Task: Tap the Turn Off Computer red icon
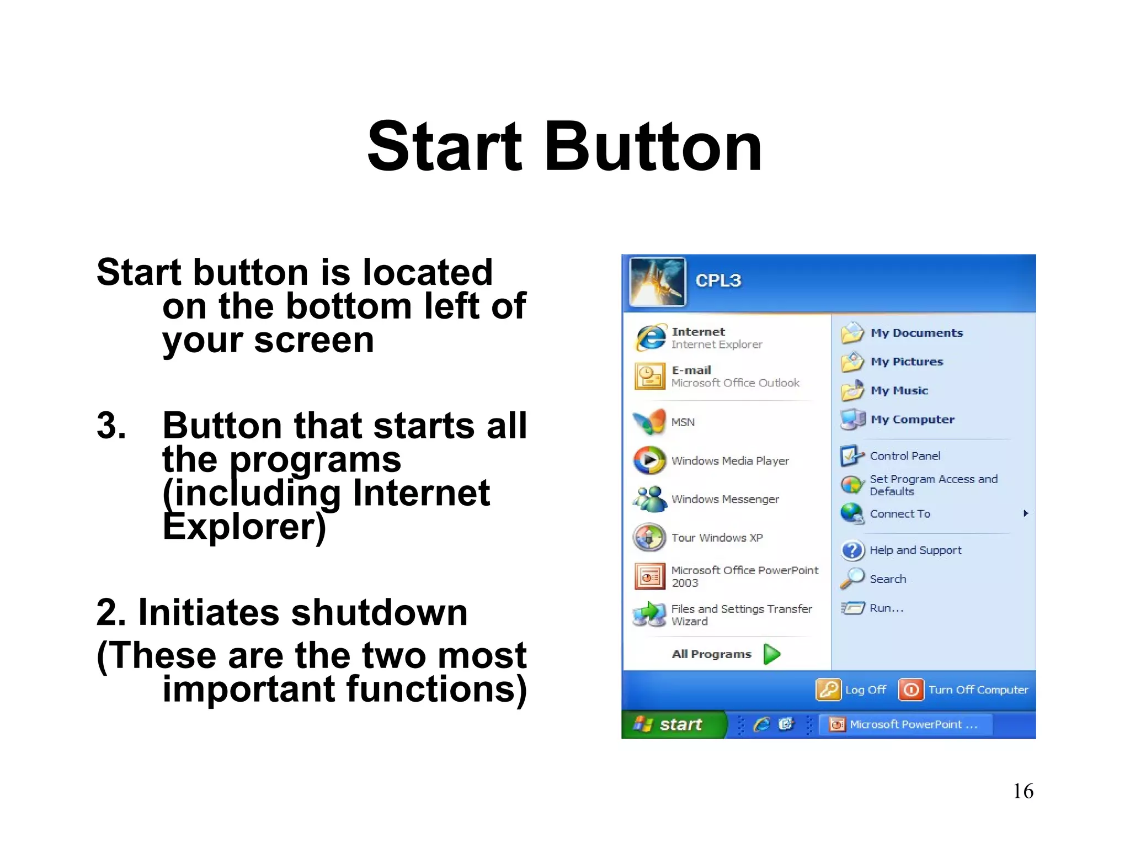(x=911, y=690)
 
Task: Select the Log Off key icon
(x=828, y=690)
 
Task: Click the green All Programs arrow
(x=772, y=654)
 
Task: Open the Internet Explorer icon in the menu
(x=651, y=338)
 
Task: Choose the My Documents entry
(x=916, y=333)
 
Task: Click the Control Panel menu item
(x=905, y=456)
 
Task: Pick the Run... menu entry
(x=886, y=608)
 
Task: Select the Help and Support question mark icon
(x=852, y=550)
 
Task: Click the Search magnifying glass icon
(x=852, y=579)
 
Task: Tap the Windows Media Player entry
(x=729, y=460)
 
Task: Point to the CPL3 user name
(x=718, y=280)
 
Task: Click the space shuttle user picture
(x=657, y=282)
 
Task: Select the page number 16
(x=1022, y=791)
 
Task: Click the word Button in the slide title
(x=653, y=147)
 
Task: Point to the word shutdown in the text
(x=379, y=613)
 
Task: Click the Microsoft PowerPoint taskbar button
(x=905, y=724)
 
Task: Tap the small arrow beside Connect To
(x=1025, y=513)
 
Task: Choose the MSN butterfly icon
(x=649, y=422)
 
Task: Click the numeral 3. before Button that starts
(x=111, y=426)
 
